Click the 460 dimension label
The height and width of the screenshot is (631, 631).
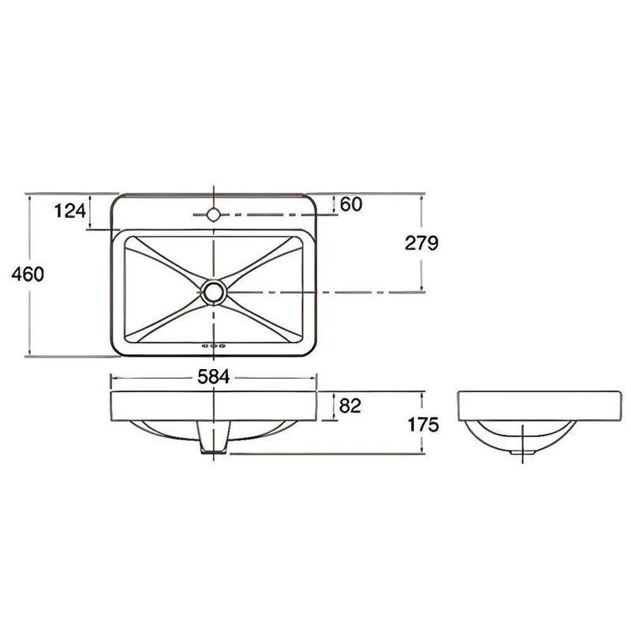[28, 274]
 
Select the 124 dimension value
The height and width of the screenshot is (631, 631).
[70, 211]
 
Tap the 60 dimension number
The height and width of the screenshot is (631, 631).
[351, 204]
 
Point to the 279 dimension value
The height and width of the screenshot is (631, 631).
[421, 243]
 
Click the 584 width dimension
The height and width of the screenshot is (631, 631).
[214, 377]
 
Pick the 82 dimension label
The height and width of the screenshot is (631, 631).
[350, 406]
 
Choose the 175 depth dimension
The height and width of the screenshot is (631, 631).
[423, 424]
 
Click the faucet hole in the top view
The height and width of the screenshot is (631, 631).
[213, 214]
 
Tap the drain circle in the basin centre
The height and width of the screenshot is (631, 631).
[214, 292]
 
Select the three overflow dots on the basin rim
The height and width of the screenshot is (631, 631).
[214, 345]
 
